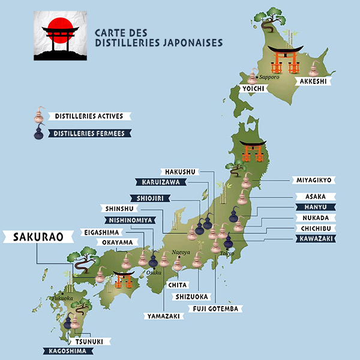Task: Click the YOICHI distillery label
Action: (x=251, y=89)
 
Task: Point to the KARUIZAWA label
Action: (x=157, y=182)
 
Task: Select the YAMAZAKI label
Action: (x=163, y=316)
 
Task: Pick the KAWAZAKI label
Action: (x=315, y=239)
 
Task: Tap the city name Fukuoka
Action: (x=62, y=297)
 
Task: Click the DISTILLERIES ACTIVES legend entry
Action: (x=89, y=116)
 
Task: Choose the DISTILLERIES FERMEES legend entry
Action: (x=89, y=134)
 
